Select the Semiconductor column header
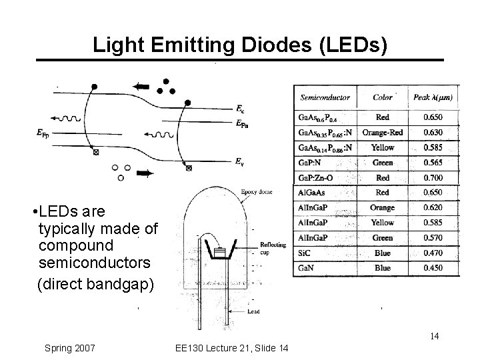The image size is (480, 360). [325, 97]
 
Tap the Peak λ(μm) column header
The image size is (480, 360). [432, 97]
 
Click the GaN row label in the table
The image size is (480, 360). [307, 268]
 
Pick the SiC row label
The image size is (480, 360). [305, 253]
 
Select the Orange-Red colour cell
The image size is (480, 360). [383, 132]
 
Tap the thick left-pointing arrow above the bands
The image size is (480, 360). [141, 86]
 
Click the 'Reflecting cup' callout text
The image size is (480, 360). [273, 249]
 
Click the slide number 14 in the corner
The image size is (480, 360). [434, 336]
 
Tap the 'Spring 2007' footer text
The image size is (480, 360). [69, 348]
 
